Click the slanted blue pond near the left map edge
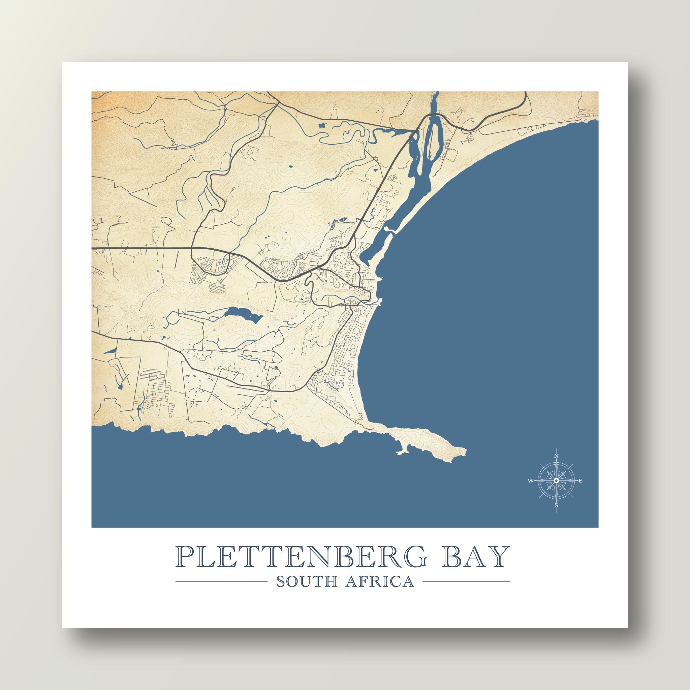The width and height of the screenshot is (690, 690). coord(110,349)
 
